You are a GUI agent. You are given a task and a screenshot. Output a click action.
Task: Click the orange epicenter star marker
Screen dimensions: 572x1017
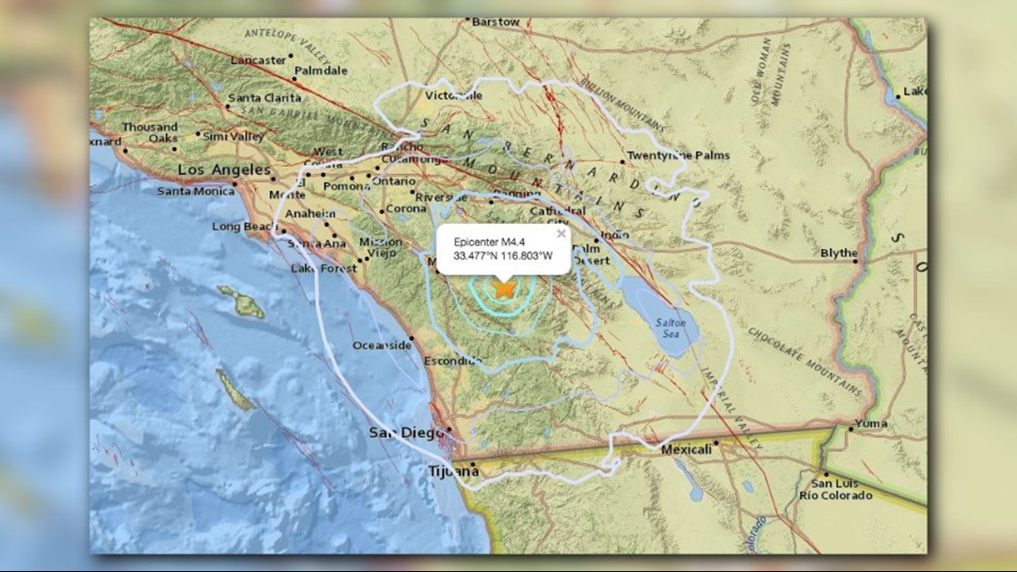coord(505,289)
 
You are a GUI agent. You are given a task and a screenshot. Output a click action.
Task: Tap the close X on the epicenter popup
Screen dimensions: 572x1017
coord(561,234)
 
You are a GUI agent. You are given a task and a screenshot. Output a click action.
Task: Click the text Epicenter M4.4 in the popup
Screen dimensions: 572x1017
coord(490,242)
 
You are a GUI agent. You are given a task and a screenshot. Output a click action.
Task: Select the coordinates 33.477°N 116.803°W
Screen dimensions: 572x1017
coord(503,256)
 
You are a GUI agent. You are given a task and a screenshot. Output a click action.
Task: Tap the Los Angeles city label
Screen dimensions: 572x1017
coord(224,170)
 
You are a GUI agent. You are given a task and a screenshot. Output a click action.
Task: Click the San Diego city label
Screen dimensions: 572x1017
coord(406,433)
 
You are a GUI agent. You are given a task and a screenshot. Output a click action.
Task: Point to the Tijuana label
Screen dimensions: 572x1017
coord(452,471)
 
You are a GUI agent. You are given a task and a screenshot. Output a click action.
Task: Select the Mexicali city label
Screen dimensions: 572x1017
coord(686,450)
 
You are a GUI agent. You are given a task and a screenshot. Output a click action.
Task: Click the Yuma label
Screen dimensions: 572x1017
coord(871,423)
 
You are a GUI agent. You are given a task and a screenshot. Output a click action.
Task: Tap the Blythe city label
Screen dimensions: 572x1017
coord(838,253)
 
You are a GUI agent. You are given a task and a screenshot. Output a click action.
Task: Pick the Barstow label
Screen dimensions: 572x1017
coord(495,21)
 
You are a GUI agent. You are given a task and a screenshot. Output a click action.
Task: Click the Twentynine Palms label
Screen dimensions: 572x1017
coord(677,155)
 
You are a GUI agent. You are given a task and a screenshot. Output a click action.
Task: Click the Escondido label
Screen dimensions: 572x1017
coord(452,361)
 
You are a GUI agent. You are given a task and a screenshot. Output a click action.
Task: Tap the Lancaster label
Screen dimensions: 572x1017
coord(258,60)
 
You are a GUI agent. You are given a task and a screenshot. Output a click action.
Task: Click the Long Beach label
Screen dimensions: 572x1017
coord(244,227)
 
